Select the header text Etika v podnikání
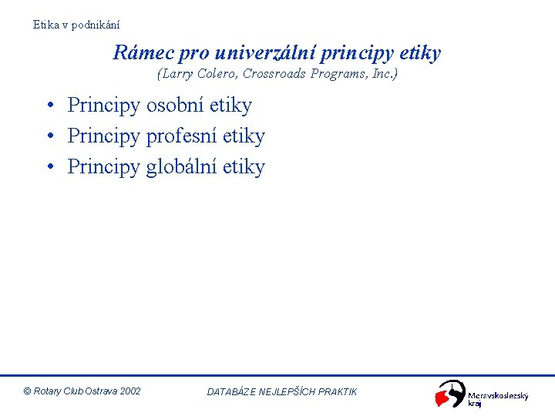[76, 25]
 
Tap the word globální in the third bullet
[181, 167]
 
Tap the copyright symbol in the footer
[28, 391]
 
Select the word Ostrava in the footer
[99, 391]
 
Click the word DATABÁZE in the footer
[232, 392]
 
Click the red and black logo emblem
[450, 394]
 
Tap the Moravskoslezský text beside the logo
[498, 395]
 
